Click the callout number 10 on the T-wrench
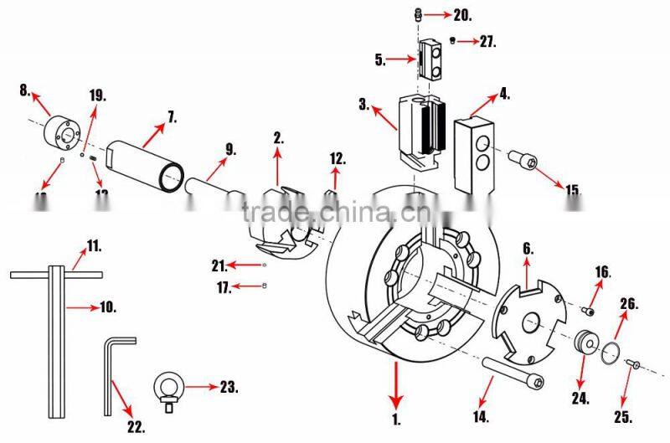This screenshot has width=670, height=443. tap(108, 307)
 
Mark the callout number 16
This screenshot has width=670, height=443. tap(602, 272)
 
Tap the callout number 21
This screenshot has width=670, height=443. tap(219, 265)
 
